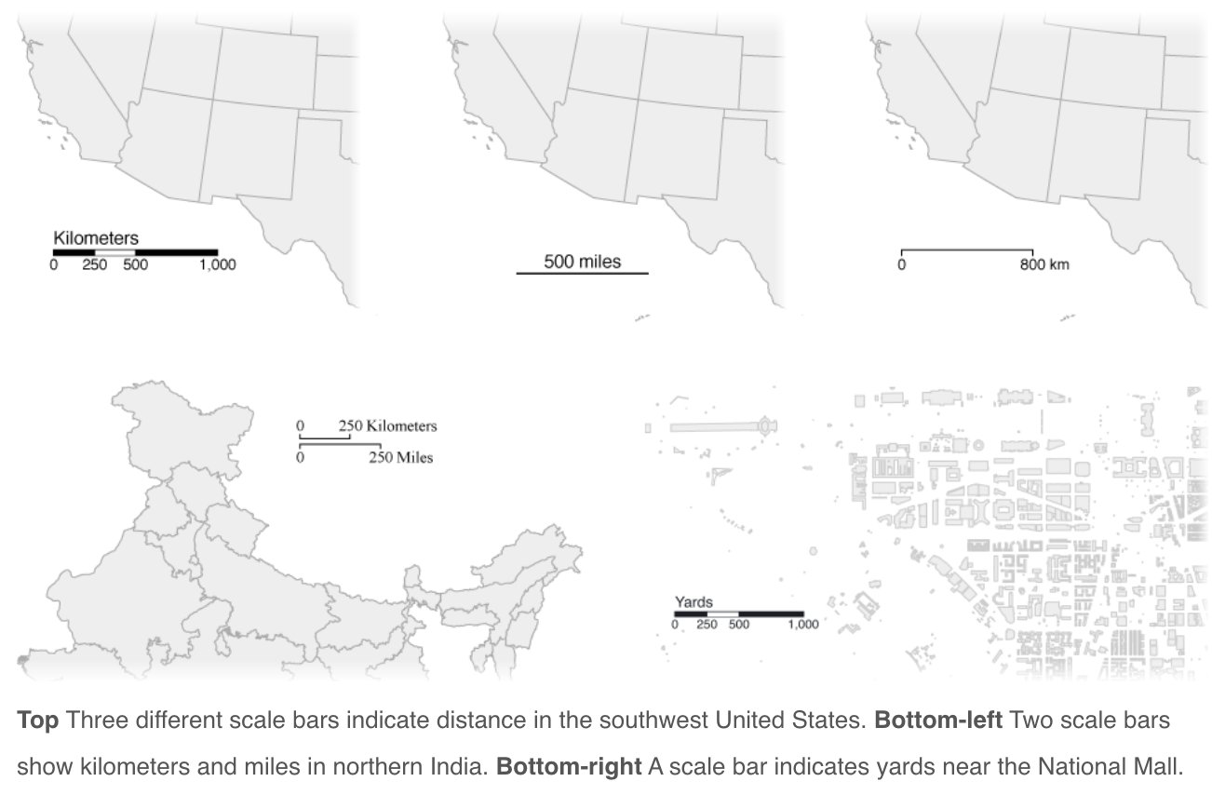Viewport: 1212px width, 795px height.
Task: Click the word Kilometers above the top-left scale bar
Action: point(96,238)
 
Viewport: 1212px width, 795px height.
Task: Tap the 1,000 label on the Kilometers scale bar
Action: point(217,264)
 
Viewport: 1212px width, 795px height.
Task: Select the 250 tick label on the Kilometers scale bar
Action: point(94,264)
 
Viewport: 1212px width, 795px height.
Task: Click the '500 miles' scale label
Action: point(582,261)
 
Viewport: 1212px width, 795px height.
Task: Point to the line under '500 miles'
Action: point(582,273)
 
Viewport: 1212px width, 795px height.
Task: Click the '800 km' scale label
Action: point(1044,264)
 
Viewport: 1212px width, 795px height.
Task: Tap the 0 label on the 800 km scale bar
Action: point(901,264)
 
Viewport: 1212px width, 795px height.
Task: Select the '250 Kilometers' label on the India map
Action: point(387,426)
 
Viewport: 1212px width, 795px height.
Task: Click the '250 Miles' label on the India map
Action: point(400,457)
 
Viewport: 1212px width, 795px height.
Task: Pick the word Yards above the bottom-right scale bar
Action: point(694,602)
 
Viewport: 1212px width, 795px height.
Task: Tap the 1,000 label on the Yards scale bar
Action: point(802,625)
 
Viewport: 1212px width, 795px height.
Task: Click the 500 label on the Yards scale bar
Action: point(738,625)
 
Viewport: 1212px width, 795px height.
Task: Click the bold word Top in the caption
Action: point(38,721)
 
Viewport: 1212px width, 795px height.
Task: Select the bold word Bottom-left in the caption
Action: point(937,721)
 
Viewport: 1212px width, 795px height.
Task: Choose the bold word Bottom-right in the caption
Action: point(569,768)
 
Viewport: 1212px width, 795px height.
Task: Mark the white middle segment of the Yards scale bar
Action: point(722,614)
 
